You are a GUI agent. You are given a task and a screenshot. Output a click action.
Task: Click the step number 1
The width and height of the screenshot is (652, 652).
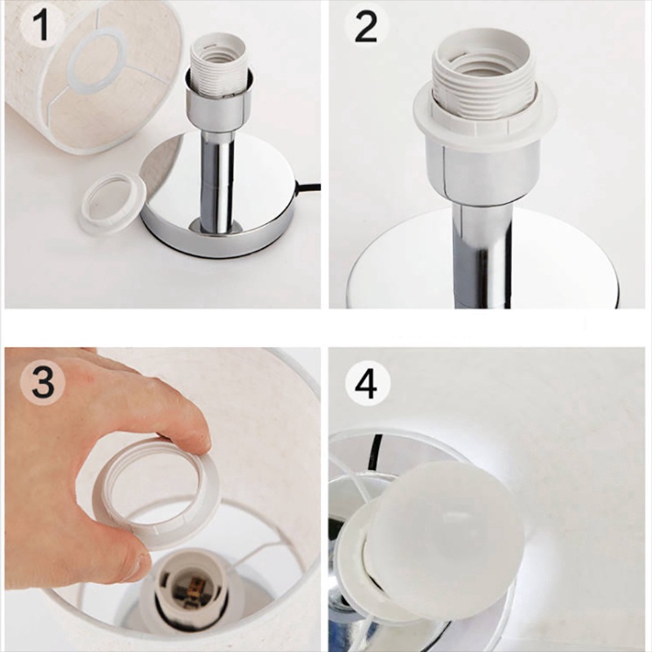pos(43,25)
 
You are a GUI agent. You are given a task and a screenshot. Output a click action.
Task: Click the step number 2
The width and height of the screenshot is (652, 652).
pos(365,27)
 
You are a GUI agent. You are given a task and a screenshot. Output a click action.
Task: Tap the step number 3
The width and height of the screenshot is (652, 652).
pos(43,383)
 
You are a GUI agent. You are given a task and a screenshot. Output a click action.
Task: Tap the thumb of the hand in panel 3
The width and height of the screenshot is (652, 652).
pos(125,548)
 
